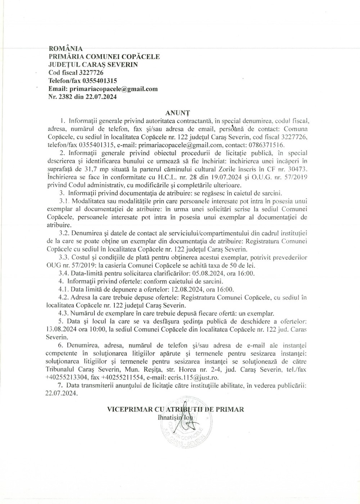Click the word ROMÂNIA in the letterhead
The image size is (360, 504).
(x=66, y=49)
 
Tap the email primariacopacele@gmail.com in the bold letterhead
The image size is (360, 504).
(x=114, y=89)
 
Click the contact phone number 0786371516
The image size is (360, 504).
(x=266, y=145)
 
